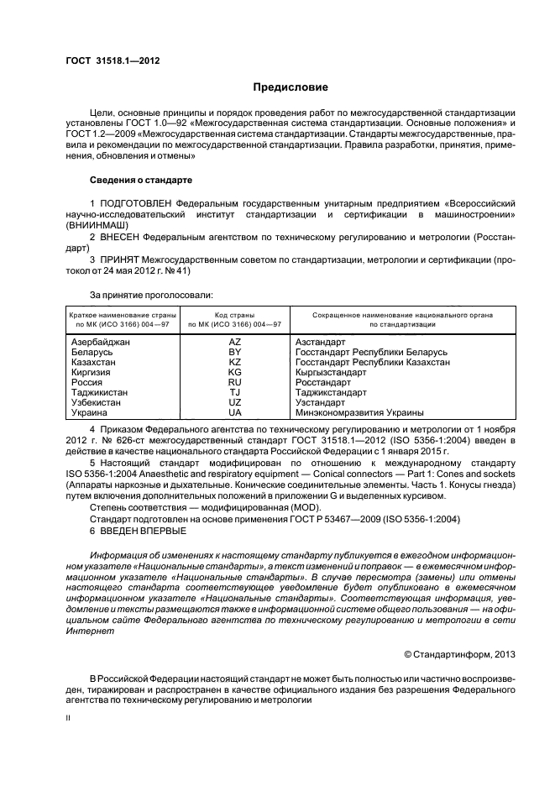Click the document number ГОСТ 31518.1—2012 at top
113,61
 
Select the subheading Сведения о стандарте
141,181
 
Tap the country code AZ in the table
235,342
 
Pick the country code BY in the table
235,352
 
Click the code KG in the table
235,372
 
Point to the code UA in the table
235,412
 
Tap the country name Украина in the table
90,412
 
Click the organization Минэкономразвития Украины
359,412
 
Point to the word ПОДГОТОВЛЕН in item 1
139,203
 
